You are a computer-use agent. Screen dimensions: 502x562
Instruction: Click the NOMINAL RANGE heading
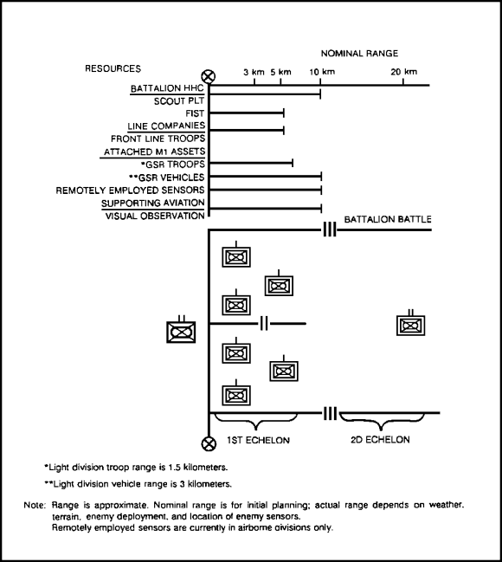(x=359, y=54)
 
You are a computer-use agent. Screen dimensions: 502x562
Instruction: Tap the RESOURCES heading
(x=113, y=68)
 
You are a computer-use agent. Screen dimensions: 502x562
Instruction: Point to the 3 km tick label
(x=254, y=72)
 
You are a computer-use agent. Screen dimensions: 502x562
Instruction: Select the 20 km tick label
(x=404, y=72)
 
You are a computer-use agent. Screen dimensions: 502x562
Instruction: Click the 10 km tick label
(x=322, y=72)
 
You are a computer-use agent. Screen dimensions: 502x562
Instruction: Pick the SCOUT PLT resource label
(x=179, y=101)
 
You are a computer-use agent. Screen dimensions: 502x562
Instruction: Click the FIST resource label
(x=195, y=113)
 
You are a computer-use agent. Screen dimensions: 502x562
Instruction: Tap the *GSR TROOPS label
(x=173, y=165)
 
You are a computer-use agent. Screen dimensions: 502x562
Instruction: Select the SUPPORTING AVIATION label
(x=153, y=203)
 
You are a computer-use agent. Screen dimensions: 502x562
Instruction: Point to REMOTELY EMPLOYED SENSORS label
(x=130, y=191)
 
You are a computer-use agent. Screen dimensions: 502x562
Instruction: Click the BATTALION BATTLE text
(x=388, y=219)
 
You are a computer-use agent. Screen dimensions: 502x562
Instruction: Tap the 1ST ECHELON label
(x=258, y=440)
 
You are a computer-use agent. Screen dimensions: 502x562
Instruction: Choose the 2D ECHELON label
(x=380, y=440)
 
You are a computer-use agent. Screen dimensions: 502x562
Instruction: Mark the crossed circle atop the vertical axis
(x=209, y=77)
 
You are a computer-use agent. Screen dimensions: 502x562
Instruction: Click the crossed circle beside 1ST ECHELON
(x=209, y=443)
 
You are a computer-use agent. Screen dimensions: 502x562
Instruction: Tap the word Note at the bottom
(x=35, y=506)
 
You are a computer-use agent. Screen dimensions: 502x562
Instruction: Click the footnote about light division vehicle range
(x=138, y=484)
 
